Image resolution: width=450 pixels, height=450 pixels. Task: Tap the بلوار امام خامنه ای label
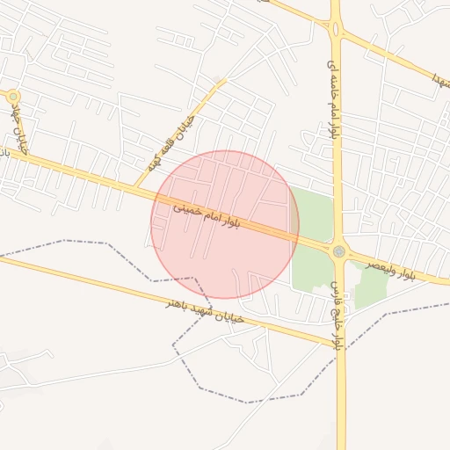tap(331, 98)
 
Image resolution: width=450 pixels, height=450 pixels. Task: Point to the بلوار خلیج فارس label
tap(333, 313)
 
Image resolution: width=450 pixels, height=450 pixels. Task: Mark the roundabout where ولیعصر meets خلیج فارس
tap(339, 251)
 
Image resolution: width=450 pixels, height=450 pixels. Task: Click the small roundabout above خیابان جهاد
tap(12, 95)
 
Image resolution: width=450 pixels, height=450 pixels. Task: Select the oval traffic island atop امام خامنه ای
tap(335, 26)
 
